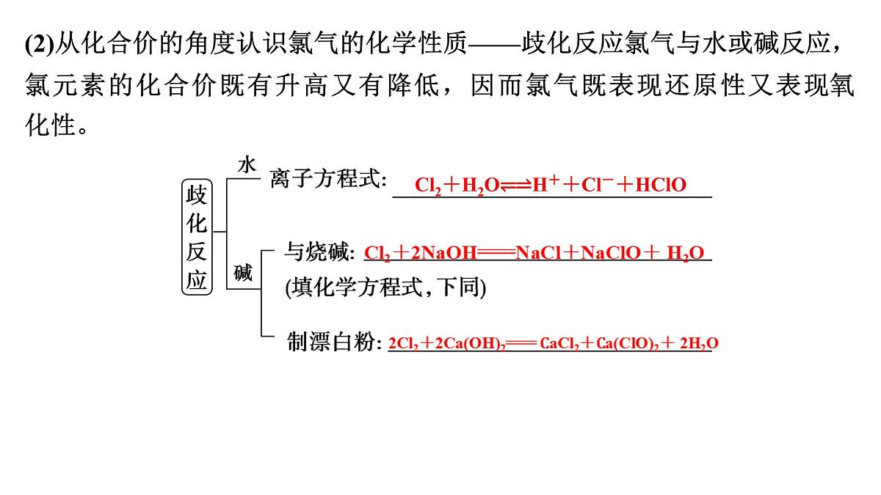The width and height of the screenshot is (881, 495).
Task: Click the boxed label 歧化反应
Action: coord(197,237)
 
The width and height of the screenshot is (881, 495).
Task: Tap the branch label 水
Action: coord(247,165)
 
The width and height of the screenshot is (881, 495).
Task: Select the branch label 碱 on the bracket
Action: coord(243,273)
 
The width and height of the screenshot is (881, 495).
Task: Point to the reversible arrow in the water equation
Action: coord(515,186)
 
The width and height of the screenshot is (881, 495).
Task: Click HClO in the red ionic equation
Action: coord(661,185)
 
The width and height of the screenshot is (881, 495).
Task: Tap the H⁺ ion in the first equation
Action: coord(545,184)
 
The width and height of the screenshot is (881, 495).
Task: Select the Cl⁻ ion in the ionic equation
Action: coord(597,184)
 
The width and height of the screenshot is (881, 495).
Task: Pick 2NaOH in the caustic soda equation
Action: coord(443,252)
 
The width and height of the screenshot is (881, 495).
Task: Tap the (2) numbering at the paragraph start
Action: coord(40,43)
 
